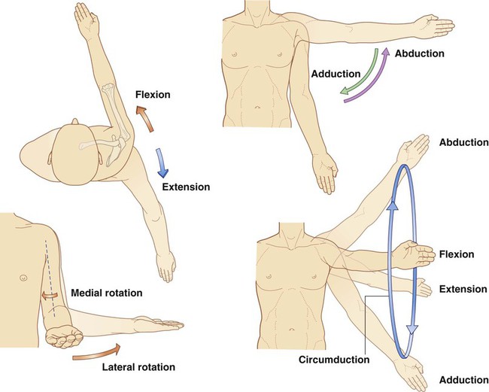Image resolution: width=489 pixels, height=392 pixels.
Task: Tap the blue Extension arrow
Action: pyautogui.click(x=162, y=163)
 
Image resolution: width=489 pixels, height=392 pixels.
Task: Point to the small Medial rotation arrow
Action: pyautogui.click(x=50, y=295)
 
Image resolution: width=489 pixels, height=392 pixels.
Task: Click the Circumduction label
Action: pyautogui.click(x=334, y=360)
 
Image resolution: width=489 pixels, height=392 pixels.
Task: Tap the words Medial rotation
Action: pyautogui.click(x=107, y=293)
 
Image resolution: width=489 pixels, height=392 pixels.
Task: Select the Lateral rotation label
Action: pyautogui.click(x=138, y=367)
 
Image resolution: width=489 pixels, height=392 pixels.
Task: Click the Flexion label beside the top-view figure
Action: pyautogui.click(x=153, y=95)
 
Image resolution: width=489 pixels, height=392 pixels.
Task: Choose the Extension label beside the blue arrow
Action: pyautogui.click(x=186, y=187)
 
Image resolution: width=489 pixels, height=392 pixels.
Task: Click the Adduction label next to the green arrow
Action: pyautogui.click(x=336, y=74)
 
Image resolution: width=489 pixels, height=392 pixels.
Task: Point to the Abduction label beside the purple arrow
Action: pyautogui.click(x=420, y=53)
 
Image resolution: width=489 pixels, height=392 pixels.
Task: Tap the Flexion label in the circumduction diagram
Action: pyautogui.click(x=457, y=254)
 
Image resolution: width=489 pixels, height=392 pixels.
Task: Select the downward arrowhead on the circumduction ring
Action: pyautogui.click(x=412, y=330)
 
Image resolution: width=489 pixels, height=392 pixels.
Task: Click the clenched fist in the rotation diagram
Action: pyautogui.click(x=64, y=336)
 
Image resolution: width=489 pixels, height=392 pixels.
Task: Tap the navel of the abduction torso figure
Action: pyautogui.click(x=257, y=108)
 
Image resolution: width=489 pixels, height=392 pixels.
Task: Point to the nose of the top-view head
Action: pyautogui.click(x=74, y=121)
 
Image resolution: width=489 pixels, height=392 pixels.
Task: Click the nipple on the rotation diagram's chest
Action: pyautogui.click(x=23, y=278)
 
